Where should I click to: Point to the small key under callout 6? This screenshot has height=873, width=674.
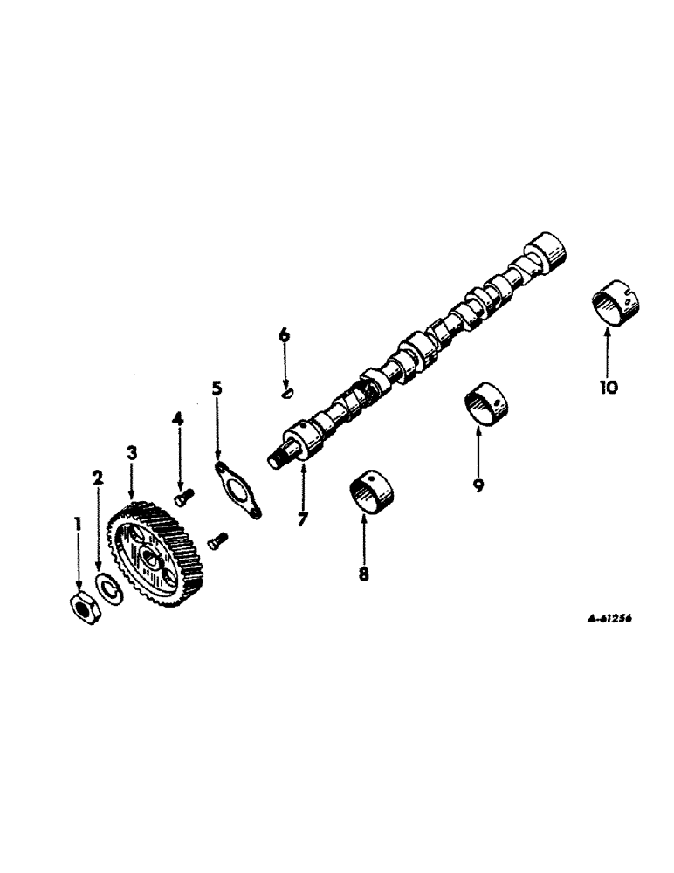[x=285, y=395]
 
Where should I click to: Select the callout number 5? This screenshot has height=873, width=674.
[x=217, y=388]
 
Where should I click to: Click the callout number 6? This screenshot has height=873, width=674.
[x=284, y=335]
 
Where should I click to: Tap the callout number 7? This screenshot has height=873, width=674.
[x=302, y=520]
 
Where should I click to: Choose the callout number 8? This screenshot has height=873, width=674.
[x=363, y=574]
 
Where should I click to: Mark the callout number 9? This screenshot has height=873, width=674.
[x=478, y=485]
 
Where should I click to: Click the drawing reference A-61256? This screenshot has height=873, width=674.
[x=602, y=617]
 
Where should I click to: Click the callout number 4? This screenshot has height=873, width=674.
[x=178, y=419]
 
